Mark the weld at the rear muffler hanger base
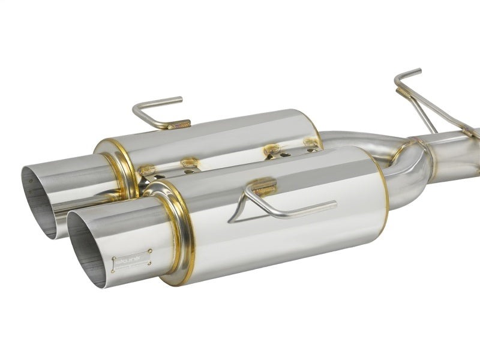click(x=179, y=125)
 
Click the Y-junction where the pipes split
click(x=420, y=148)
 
